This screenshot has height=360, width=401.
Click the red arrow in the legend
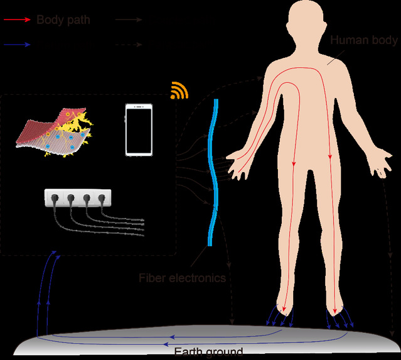point(16,19)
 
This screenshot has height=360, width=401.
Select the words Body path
point(63,19)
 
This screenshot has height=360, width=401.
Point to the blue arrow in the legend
point(16,45)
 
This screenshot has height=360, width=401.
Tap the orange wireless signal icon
point(179,92)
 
